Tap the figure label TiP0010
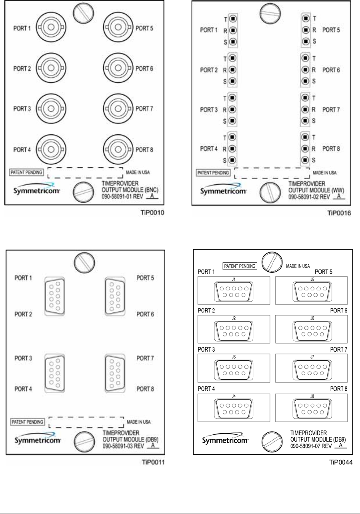154,213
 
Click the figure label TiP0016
339,213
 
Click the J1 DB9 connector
234,290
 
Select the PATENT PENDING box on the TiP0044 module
239,266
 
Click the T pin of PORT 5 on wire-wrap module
306,18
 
